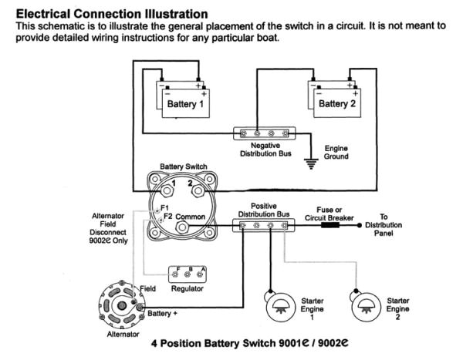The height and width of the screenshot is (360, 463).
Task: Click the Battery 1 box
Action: click(184, 102)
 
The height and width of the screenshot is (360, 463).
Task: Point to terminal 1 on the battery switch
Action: click(164, 189)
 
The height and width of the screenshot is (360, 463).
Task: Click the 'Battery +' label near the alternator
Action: click(163, 314)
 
